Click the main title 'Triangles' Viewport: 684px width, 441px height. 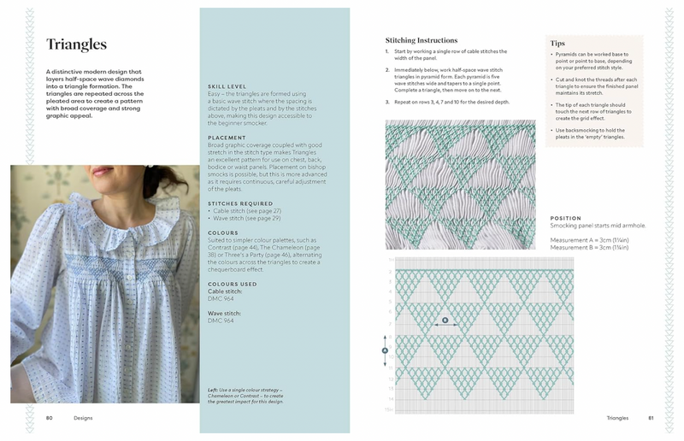(x=76, y=44)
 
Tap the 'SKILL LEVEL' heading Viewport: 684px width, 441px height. (x=227, y=86)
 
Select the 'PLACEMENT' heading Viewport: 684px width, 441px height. (x=228, y=138)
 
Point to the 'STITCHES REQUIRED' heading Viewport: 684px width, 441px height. (x=241, y=203)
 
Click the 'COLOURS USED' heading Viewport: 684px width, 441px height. (x=232, y=284)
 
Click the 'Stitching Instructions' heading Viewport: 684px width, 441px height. (x=421, y=40)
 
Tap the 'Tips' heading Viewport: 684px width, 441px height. (x=557, y=43)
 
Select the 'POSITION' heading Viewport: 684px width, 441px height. (x=566, y=218)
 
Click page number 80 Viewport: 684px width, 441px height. (x=50, y=418)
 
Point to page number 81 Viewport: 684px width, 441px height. (x=651, y=418)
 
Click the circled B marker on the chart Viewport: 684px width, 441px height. (x=445, y=320)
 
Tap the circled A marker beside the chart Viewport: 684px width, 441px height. (x=385, y=350)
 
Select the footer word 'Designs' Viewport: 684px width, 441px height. (x=83, y=418)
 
